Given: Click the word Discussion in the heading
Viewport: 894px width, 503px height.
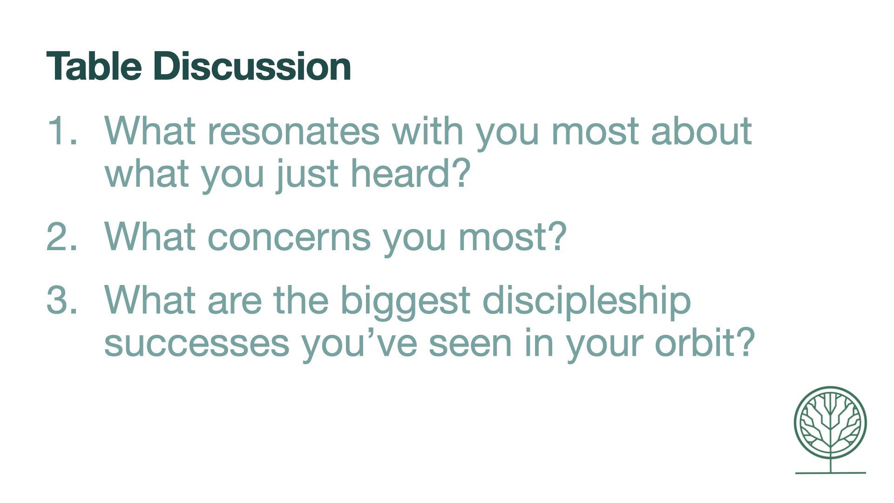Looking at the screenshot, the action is (252, 66).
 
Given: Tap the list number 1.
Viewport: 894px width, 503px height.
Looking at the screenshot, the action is (62, 130).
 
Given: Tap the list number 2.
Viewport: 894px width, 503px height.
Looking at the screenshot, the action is (62, 236).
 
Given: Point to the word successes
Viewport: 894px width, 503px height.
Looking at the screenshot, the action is (196, 344).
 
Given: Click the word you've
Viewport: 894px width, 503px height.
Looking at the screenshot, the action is (359, 345).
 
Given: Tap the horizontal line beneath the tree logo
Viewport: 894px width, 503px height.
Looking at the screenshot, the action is (830, 473).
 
